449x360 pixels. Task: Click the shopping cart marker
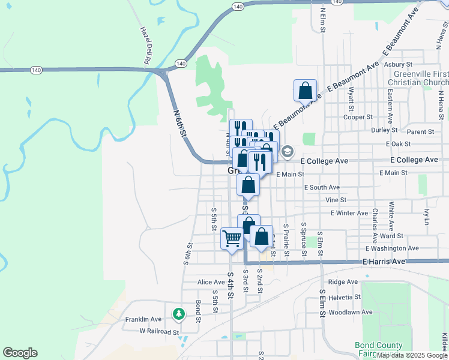click(x=232, y=239)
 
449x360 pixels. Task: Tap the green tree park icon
click(x=178, y=313)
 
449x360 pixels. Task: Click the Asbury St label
click(x=398, y=64)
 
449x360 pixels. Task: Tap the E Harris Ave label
click(x=384, y=262)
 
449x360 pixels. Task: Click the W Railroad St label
click(x=159, y=331)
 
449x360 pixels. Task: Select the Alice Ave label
click(x=211, y=282)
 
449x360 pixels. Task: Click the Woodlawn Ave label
click(x=352, y=312)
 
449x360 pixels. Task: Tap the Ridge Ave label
click(x=343, y=282)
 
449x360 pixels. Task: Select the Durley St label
click(x=384, y=130)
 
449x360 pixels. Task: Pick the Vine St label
click(x=336, y=200)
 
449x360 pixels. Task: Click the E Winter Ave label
click(x=349, y=213)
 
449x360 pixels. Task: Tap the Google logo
click(x=20, y=353)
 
